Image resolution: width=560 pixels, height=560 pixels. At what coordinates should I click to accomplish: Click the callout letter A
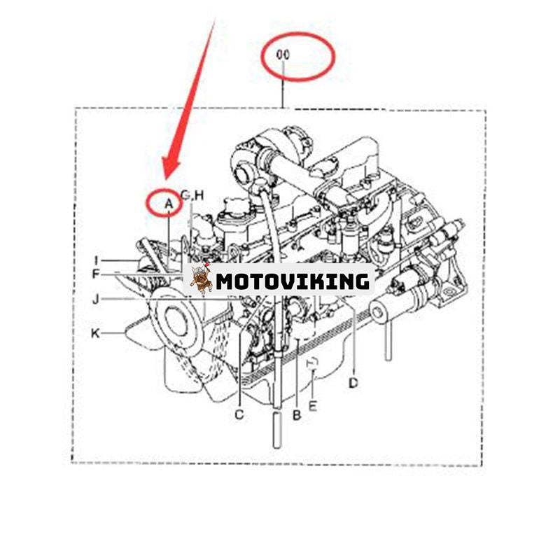tap(169, 204)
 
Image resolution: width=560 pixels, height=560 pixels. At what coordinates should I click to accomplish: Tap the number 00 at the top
tap(283, 55)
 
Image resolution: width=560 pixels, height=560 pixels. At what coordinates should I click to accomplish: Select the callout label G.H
tap(192, 195)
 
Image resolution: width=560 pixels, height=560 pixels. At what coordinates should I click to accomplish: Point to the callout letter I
tap(96, 260)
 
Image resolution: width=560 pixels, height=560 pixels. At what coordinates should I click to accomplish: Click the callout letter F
tap(95, 274)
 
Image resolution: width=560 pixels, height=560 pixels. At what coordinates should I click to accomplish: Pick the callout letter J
tap(95, 299)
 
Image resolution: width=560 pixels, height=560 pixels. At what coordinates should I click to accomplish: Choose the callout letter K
tap(95, 333)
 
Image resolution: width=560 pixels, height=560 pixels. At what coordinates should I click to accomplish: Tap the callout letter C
tap(239, 414)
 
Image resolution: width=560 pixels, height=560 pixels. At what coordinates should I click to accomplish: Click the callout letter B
tap(297, 415)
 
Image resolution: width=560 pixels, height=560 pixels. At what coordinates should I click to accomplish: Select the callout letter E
tap(312, 406)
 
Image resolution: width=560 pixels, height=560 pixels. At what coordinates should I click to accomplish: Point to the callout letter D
tap(353, 383)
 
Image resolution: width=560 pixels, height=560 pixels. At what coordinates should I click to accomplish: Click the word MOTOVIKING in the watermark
tap(293, 281)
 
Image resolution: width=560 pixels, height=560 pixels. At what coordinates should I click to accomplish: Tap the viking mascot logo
tap(201, 279)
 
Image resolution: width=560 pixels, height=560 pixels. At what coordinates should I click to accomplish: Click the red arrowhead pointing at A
tap(170, 168)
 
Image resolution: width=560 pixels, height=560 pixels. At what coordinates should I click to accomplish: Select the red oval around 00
tap(298, 56)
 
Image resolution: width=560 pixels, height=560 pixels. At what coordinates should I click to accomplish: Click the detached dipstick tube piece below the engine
tap(277, 430)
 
